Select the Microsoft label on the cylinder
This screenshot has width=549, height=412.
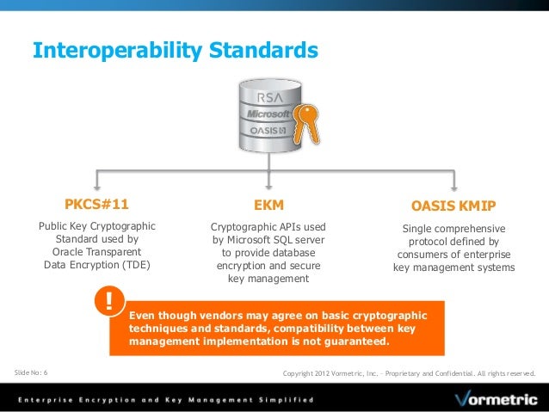268,114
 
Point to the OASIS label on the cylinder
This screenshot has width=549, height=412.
268,131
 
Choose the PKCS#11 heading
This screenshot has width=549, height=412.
96,205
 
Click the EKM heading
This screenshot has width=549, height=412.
268,206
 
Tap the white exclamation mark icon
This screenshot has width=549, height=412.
109,300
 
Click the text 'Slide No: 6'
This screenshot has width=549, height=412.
32,372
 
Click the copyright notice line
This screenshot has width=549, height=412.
409,373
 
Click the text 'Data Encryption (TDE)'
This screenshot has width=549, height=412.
96,265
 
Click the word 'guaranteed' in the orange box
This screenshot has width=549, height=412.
352,341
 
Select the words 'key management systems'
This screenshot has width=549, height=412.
453,267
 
